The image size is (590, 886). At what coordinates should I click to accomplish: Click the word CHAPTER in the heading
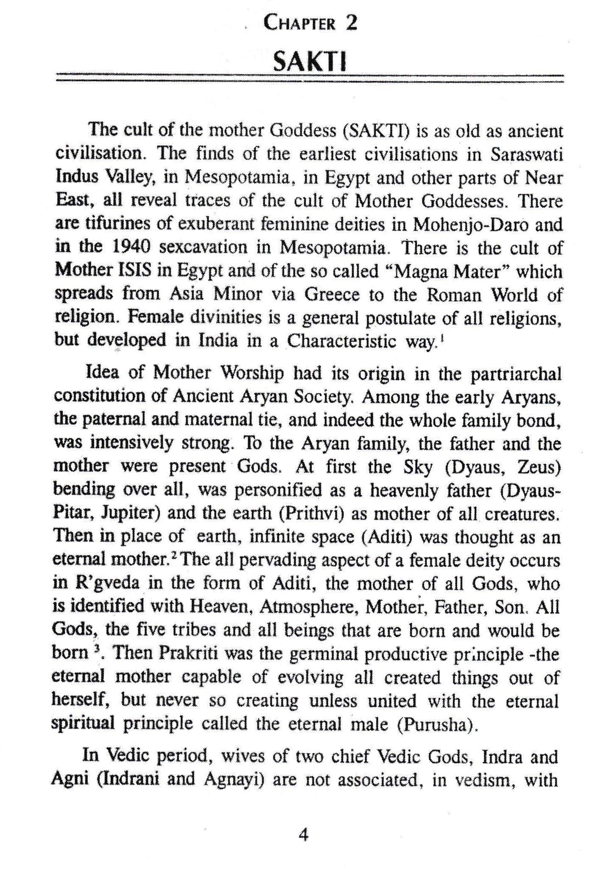pos(299,23)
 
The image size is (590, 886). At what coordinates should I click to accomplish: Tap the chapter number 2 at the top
pos(351,22)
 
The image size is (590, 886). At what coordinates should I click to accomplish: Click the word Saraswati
pos(526,154)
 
